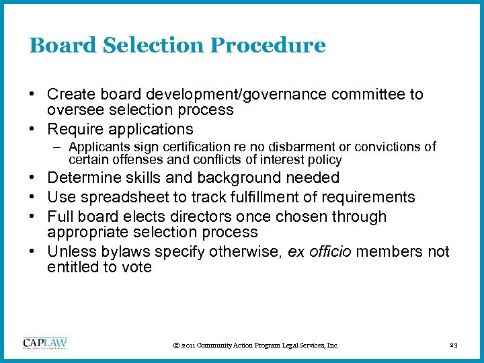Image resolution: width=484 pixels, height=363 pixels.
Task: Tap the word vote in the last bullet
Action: click(x=136, y=268)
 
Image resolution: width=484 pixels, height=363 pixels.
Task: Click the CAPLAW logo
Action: click(x=45, y=344)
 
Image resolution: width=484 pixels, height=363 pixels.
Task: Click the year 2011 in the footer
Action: click(x=190, y=346)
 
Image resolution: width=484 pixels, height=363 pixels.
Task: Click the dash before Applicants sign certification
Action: click(x=58, y=147)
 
